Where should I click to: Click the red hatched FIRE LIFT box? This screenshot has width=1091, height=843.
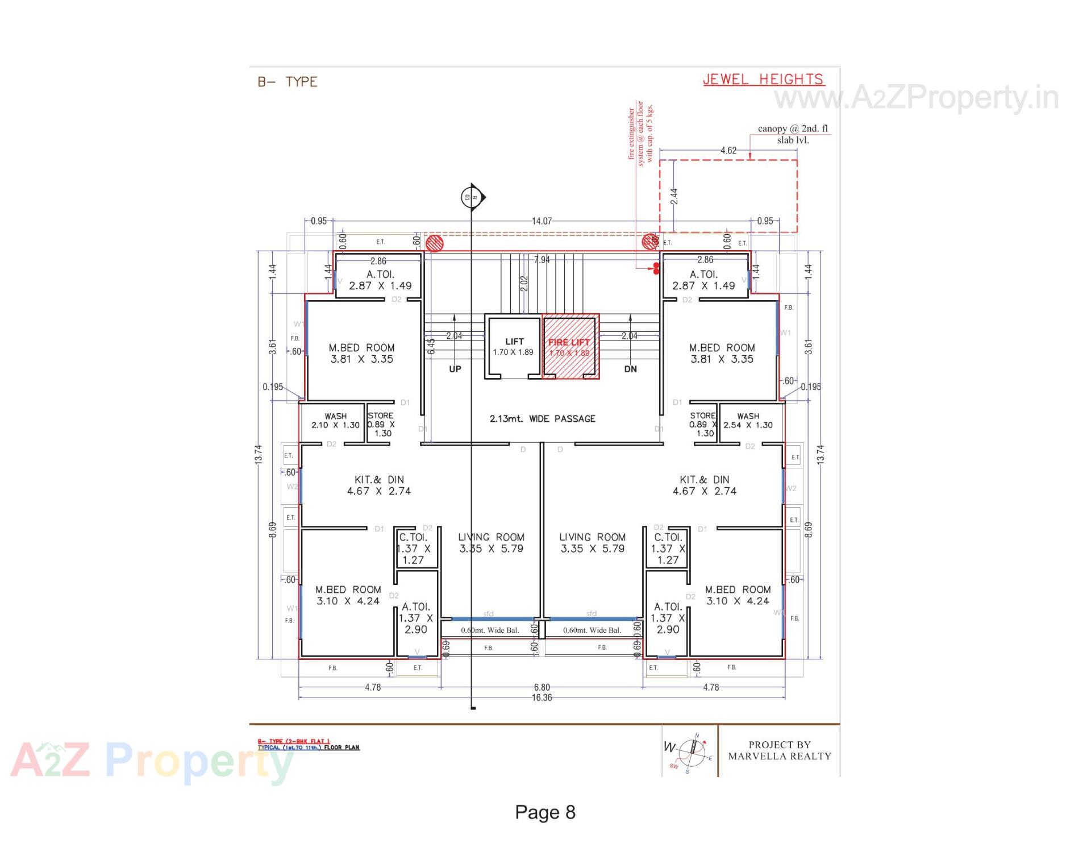(x=570, y=347)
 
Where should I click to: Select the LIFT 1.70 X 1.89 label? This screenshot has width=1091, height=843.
(x=514, y=346)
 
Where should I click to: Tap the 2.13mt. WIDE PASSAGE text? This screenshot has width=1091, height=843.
(x=543, y=419)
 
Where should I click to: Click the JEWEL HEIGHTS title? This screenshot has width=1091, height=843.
(x=763, y=80)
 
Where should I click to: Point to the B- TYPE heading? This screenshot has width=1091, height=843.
(x=288, y=82)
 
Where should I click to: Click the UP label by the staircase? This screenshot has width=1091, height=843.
(x=455, y=369)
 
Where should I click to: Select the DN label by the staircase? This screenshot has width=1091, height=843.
(x=630, y=369)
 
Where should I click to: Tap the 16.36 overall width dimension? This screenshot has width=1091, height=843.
(x=542, y=697)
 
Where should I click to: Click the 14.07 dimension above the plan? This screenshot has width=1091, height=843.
(x=542, y=221)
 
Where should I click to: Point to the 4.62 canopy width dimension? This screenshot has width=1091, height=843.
(x=728, y=151)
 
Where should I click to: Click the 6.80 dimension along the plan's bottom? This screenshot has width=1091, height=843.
(x=542, y=687)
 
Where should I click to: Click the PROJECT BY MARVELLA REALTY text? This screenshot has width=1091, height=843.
(x=779, y=750)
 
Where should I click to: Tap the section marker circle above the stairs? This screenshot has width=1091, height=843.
(x=472, y=197)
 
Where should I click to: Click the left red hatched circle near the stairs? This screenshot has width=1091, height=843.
(x=435, y=243)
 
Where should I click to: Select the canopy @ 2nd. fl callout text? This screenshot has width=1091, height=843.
(x=793, y=134)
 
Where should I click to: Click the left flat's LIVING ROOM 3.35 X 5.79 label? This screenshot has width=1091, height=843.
(x=491, y=543)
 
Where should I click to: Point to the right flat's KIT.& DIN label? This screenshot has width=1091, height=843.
(x=705, y=485)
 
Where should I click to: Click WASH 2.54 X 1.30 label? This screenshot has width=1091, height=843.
(x=748, y=421)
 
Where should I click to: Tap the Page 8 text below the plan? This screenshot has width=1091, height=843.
(x=545, y=812)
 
